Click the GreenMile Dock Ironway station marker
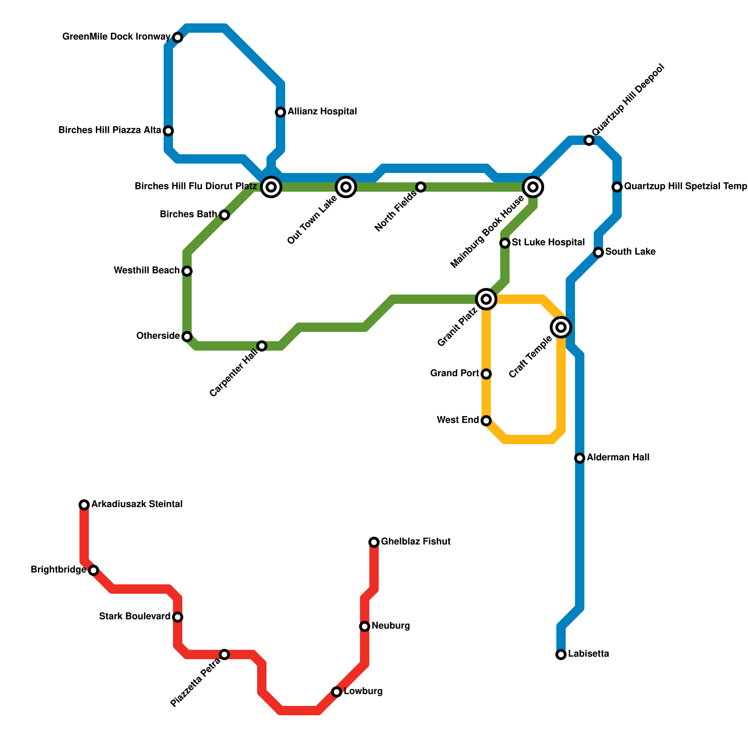[x=178, y=37]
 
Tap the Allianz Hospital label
[x=322, y=112]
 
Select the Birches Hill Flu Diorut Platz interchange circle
[x=271, y=187]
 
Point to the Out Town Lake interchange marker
[x=346, y=187]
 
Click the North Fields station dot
[x=421, y=187]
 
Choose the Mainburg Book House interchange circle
[x=533, y=187]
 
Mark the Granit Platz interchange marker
[x=486, y=299]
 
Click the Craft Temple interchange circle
[x=561, y=327]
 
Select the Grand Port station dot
[x=486, y=374]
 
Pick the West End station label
[x=458, y=420]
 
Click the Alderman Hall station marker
[x=580, y=458]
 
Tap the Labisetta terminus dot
[x=561, y=654]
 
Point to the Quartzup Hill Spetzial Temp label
[x=685, y=187]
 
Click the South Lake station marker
[x=598, y=252]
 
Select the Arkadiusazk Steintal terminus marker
[x=84, y=505]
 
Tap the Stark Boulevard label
[x=135, y=617]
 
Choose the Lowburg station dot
[x=337, y=692]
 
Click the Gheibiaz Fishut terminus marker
[x=374, y=542]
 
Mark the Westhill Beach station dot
[x=187, y=271]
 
